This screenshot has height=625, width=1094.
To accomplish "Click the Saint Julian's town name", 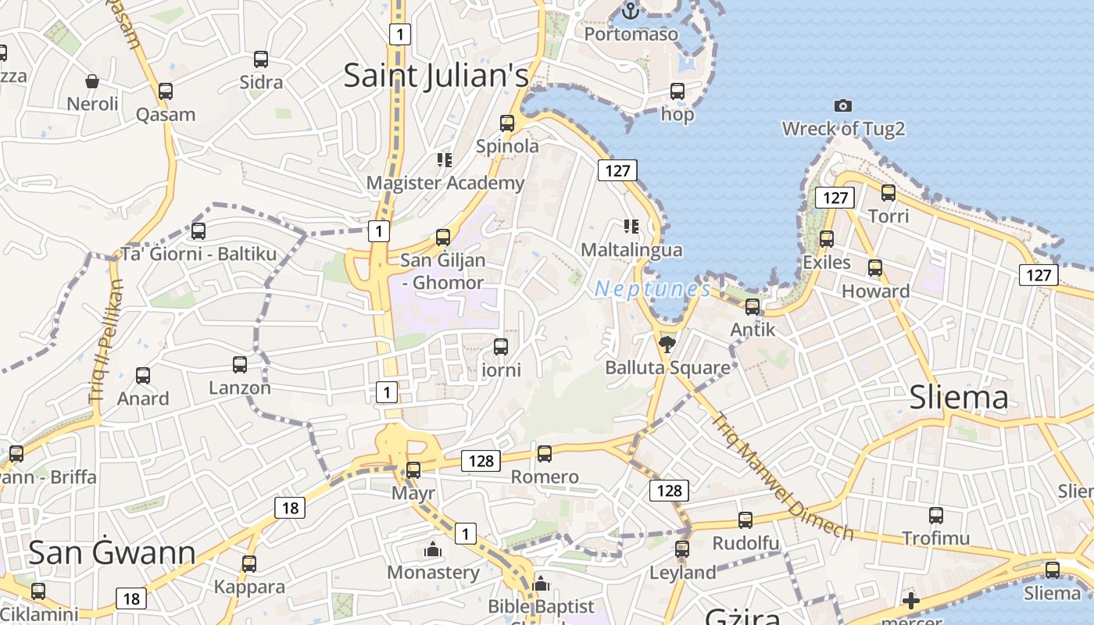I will [436, 76].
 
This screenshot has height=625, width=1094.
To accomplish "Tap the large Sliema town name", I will [959, 398].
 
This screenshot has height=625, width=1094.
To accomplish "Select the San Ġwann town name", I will [112, 552].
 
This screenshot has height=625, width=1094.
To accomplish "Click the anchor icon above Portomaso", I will [630, 11].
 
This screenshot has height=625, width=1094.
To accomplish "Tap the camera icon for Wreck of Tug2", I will [842, 105].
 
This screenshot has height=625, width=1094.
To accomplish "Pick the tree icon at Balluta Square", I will [667, 344].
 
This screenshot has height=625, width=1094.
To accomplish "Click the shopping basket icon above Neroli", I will [92, 80].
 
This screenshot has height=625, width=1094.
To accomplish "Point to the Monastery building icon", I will [433, 549].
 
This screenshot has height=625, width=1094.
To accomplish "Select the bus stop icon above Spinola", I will [507, 123].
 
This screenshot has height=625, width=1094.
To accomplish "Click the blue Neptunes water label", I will [652, 289].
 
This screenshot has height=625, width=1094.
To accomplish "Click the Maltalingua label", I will [631, 250].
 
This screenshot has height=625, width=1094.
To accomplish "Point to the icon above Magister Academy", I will [445, 160].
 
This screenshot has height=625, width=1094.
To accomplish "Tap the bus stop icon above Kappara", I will [248, 563].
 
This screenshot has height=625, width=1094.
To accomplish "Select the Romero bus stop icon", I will [545, 453].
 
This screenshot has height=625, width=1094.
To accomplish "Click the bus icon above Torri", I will [888, 192].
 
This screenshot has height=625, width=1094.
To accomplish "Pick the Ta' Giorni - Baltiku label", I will [198, 254].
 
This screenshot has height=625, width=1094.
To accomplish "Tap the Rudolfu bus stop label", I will [745, 543].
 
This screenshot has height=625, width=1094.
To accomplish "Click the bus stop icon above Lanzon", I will [240, 364].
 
